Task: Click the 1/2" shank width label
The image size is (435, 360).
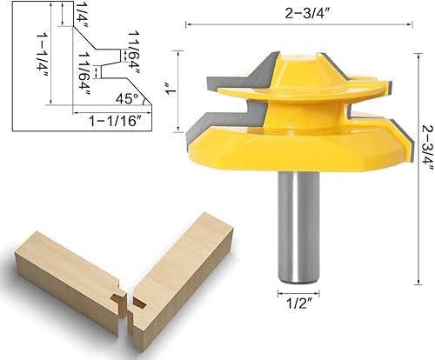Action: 298,303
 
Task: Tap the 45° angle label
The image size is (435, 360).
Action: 127,99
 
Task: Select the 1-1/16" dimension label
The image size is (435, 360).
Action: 116,121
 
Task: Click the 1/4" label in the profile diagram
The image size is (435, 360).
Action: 79,15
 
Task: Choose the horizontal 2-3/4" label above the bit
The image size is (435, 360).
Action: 308,13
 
